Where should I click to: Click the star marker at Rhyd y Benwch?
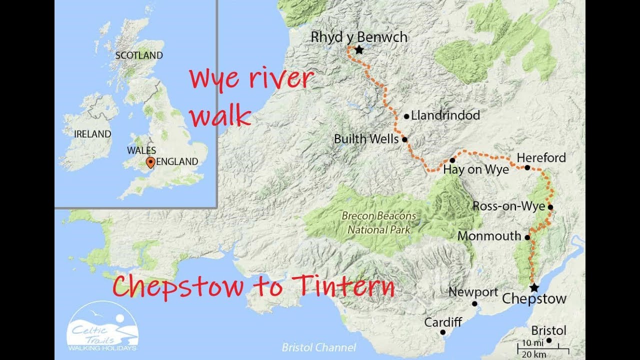359,50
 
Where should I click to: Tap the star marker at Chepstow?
534,287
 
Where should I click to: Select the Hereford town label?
541,158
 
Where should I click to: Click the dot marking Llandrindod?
406,116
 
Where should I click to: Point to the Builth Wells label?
366,139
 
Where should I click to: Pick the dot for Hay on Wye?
452,160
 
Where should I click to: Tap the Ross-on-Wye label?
508,206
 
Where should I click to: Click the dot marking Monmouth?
527,237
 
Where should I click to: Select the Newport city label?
473,292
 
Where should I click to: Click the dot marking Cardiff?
442,332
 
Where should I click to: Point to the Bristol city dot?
549,340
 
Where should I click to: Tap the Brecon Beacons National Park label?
379,223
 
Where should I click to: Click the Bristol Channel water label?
318,347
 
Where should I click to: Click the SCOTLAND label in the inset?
139,55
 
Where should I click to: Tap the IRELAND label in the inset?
92,134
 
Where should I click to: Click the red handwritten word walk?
221,117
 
